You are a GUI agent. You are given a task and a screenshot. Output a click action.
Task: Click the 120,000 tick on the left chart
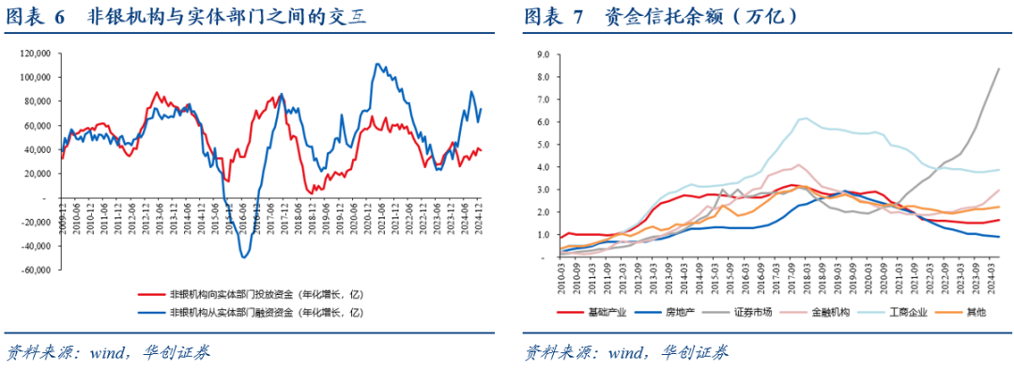35,53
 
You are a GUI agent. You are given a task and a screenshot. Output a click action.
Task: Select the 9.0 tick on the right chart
543,54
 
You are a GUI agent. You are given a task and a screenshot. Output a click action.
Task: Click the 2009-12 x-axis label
63,217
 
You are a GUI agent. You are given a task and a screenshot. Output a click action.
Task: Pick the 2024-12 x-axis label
481,217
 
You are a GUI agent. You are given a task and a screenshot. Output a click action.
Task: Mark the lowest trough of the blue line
244,256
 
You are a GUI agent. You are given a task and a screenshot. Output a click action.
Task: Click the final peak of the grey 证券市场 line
998,69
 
